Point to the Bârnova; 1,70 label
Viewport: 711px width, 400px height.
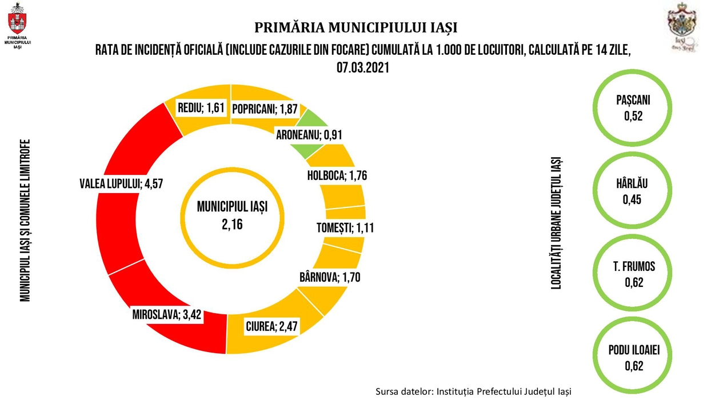point(330,278)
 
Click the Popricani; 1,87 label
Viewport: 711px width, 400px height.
point(265,110)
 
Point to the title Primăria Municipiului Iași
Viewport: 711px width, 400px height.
point(355,28)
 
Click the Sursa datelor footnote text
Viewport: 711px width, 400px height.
point(473,391)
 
